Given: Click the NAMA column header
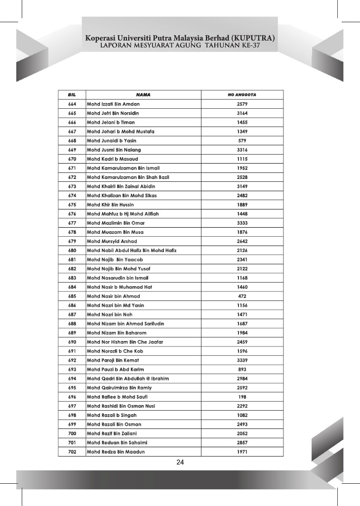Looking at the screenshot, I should (143, 94).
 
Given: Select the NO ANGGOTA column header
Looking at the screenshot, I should (242, 94).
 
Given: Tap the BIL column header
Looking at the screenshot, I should (72, 94).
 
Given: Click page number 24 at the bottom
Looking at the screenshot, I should (180, 463).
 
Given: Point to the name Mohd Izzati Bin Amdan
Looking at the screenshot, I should (113, 104).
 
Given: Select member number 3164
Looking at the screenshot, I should (242, 113).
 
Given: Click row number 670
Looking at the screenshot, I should (72, 159).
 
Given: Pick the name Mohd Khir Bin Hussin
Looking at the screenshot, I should (110, 205).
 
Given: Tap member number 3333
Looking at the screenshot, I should (242, 223).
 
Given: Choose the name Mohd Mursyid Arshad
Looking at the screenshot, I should (112, 241).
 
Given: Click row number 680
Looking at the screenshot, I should (72, 250).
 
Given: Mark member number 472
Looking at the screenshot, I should (242, 296).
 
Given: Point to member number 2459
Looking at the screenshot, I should (242, 342).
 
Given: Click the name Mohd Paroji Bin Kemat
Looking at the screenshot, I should (113, 360).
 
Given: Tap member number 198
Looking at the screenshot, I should (242, 397).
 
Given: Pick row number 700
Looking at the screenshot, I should (72, 433).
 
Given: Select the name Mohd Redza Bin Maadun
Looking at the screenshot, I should (116, 452).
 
